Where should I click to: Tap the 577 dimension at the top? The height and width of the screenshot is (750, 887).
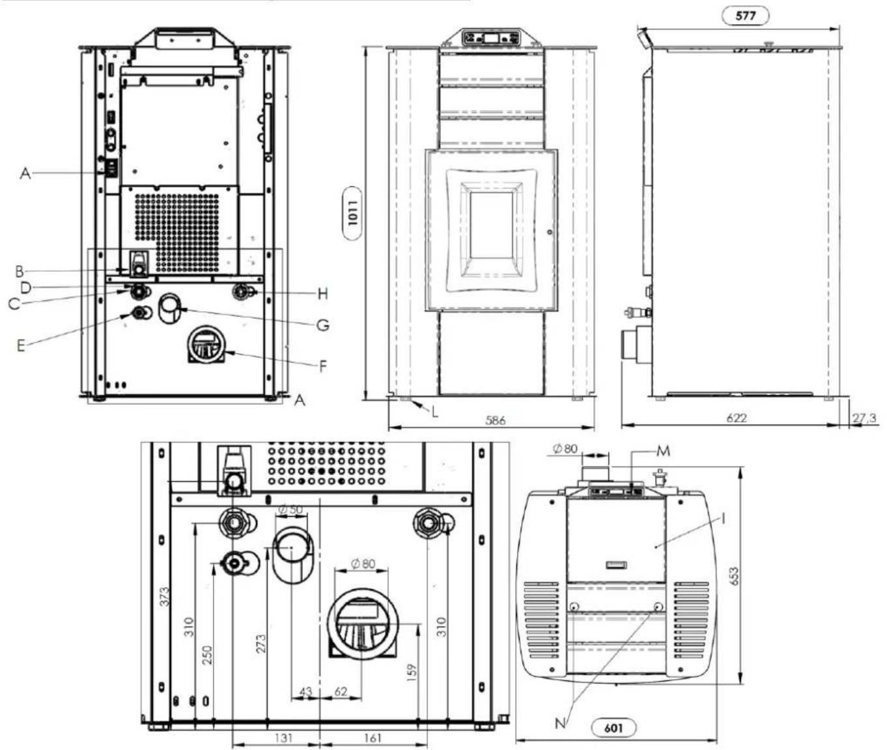[x=746, y=16]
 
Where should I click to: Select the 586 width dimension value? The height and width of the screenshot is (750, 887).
[x=496, y=420]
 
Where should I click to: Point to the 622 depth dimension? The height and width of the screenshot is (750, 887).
[x=736, y=418]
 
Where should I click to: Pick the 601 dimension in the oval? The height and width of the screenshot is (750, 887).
[x=613, y=728]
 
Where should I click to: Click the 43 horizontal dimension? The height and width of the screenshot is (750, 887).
[x=306, y=692]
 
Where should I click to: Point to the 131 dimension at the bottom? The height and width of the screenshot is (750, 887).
[x=283, y=738]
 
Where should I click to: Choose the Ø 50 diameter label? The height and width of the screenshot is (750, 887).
[x=292, y=509]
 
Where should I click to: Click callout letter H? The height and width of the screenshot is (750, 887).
[x=323, y=293]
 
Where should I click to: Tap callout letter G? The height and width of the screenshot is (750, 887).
[x=323, y=325]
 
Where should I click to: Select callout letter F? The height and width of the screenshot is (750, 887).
[x=323, y=366]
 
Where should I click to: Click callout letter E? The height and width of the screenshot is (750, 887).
[x=21, y=345]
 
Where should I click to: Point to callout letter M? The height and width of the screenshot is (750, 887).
[x=663, y=451]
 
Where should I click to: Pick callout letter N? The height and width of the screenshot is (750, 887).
[x=560, y=723]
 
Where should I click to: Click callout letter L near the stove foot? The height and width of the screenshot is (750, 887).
[x=434, y=412]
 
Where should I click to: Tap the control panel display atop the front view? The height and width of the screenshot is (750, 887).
[x=491, y=38]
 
